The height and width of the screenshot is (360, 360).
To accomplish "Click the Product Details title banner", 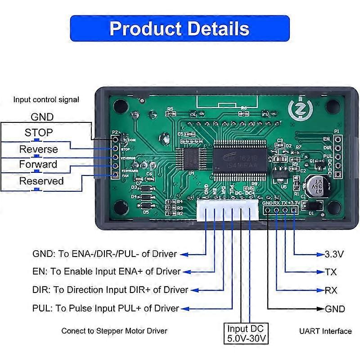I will [x=180, y=28].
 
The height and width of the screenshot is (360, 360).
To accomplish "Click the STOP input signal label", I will [x=39, y=133].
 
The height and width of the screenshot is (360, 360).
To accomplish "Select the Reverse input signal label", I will [x=39, y=149].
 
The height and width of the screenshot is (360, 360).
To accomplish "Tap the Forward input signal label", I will [x=38, y=164].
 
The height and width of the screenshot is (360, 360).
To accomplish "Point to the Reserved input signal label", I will [x=41, y=181].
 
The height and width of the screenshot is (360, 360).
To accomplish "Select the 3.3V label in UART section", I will [x=334, y=254].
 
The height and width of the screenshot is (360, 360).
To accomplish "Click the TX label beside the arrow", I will [x=331, y=272].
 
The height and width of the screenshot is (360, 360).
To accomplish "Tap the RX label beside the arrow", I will [x=331, y=290].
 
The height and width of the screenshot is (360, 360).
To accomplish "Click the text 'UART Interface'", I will [x=325, y=331].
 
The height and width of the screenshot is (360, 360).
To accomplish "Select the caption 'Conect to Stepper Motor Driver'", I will [x=114, y=331].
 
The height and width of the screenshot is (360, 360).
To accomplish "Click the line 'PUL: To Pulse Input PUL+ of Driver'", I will [x=106, y=308].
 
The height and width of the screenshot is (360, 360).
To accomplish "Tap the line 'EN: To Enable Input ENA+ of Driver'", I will [x=107, y=271].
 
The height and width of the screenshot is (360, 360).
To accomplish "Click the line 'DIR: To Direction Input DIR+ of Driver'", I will [x=110, y=290].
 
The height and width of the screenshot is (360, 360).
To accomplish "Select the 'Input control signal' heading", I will [x=46, y=99].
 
